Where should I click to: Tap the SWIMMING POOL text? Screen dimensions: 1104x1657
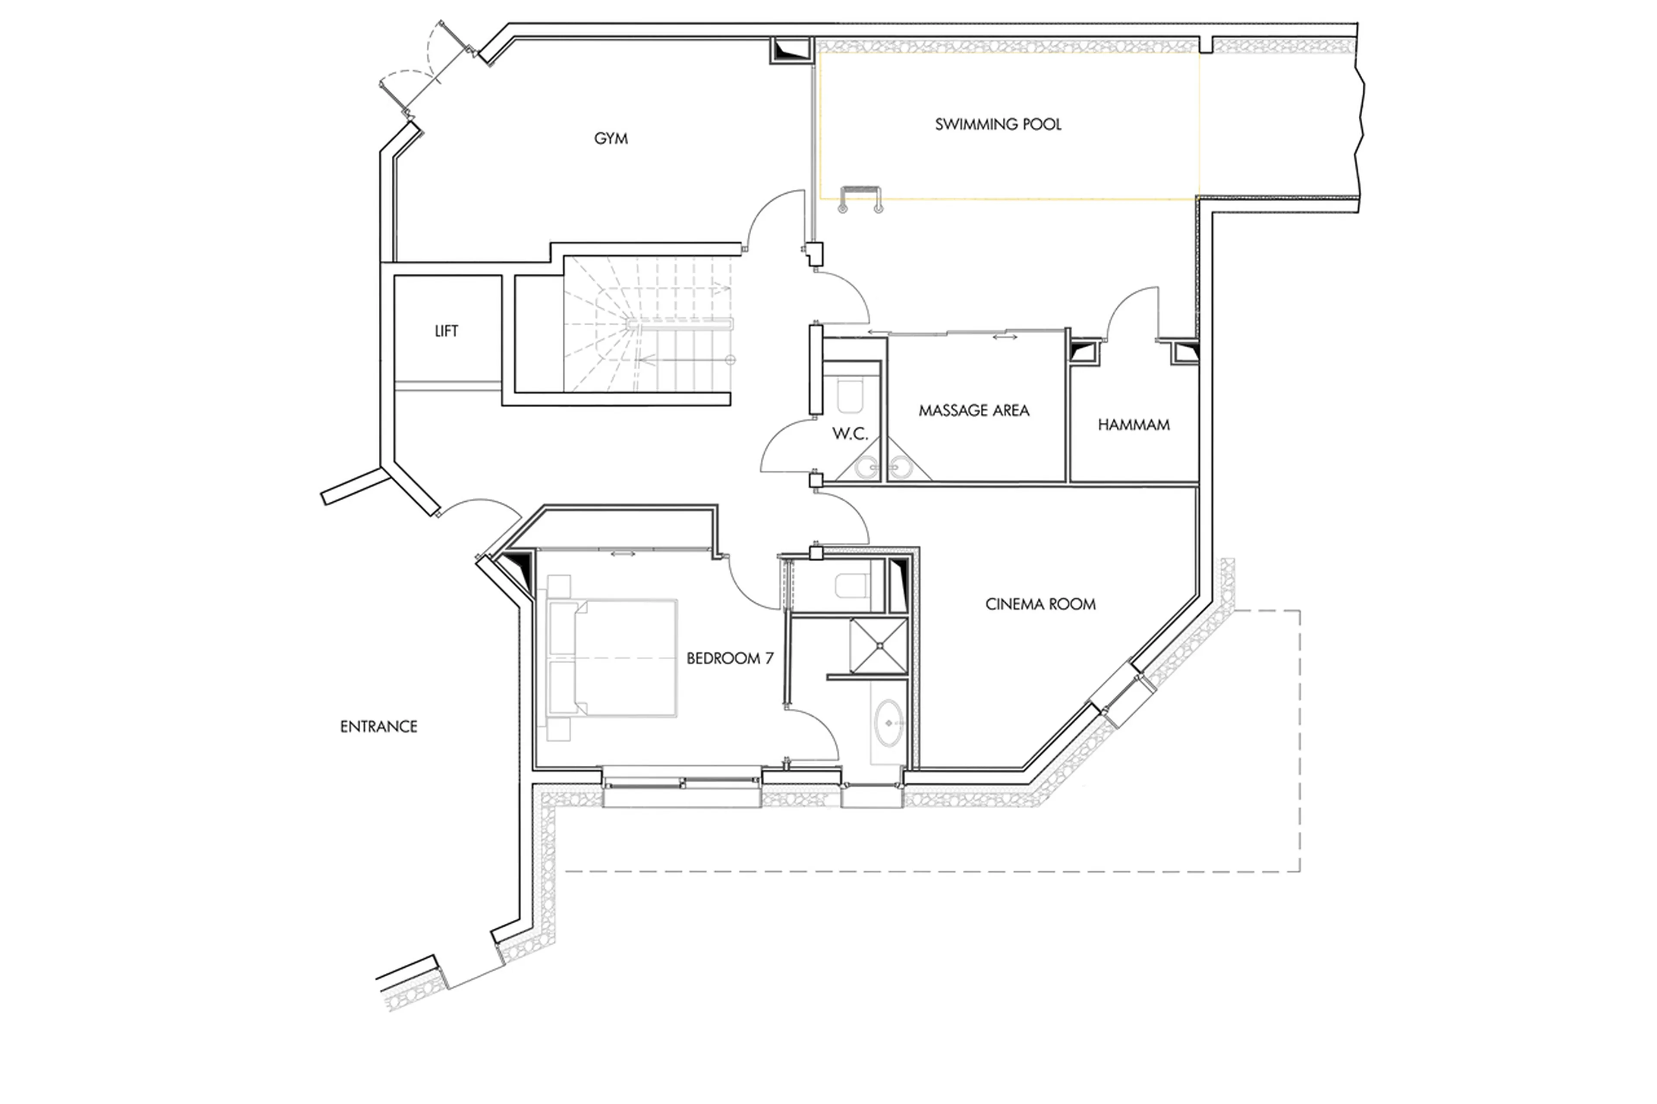[x=997, y=125]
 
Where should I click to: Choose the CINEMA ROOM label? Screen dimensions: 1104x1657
[x=1040, y=604]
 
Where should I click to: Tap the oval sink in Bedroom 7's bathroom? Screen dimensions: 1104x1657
[x=889, y=723]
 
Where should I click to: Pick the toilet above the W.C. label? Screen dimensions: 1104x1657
[x=850, y=396]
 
